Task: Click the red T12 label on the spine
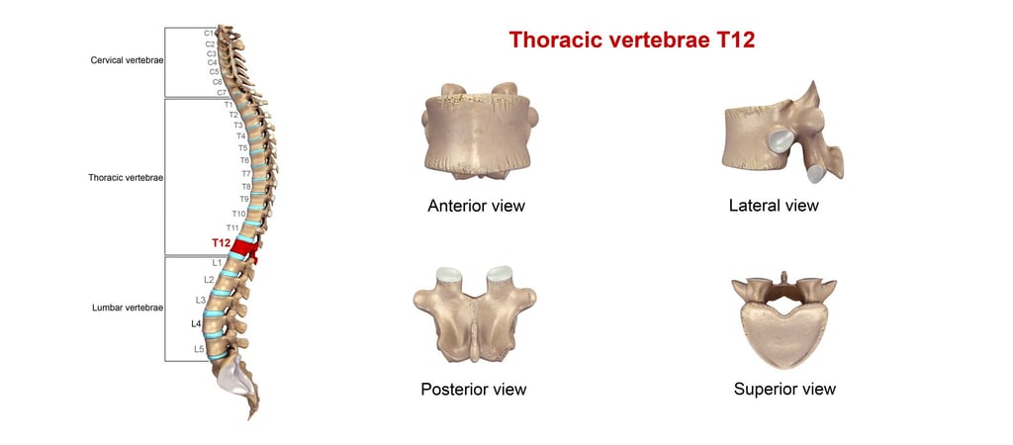(x=221, y=242)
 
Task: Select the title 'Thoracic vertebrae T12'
(x=632, y=41)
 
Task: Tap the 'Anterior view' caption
(x=476, y=207)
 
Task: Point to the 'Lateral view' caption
(x=774, y=206)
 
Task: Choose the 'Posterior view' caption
(x=473, y=389)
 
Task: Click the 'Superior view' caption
(x=784, y=389)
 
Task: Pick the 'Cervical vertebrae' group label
(x=127, y=60)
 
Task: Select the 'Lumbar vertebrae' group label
(x=127, y=308)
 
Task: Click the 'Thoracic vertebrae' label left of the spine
(x=126, y=178)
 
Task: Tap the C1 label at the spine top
(x=210, y=33)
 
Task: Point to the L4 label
(x=196, y=323)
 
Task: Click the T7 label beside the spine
(x=246, y=173)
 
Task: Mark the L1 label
(x=217, y=263)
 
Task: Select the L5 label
(x=199, y=349)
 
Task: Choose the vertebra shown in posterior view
(x=473, y=314)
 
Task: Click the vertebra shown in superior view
(x=783, y=318)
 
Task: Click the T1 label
(x=229, y=104)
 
